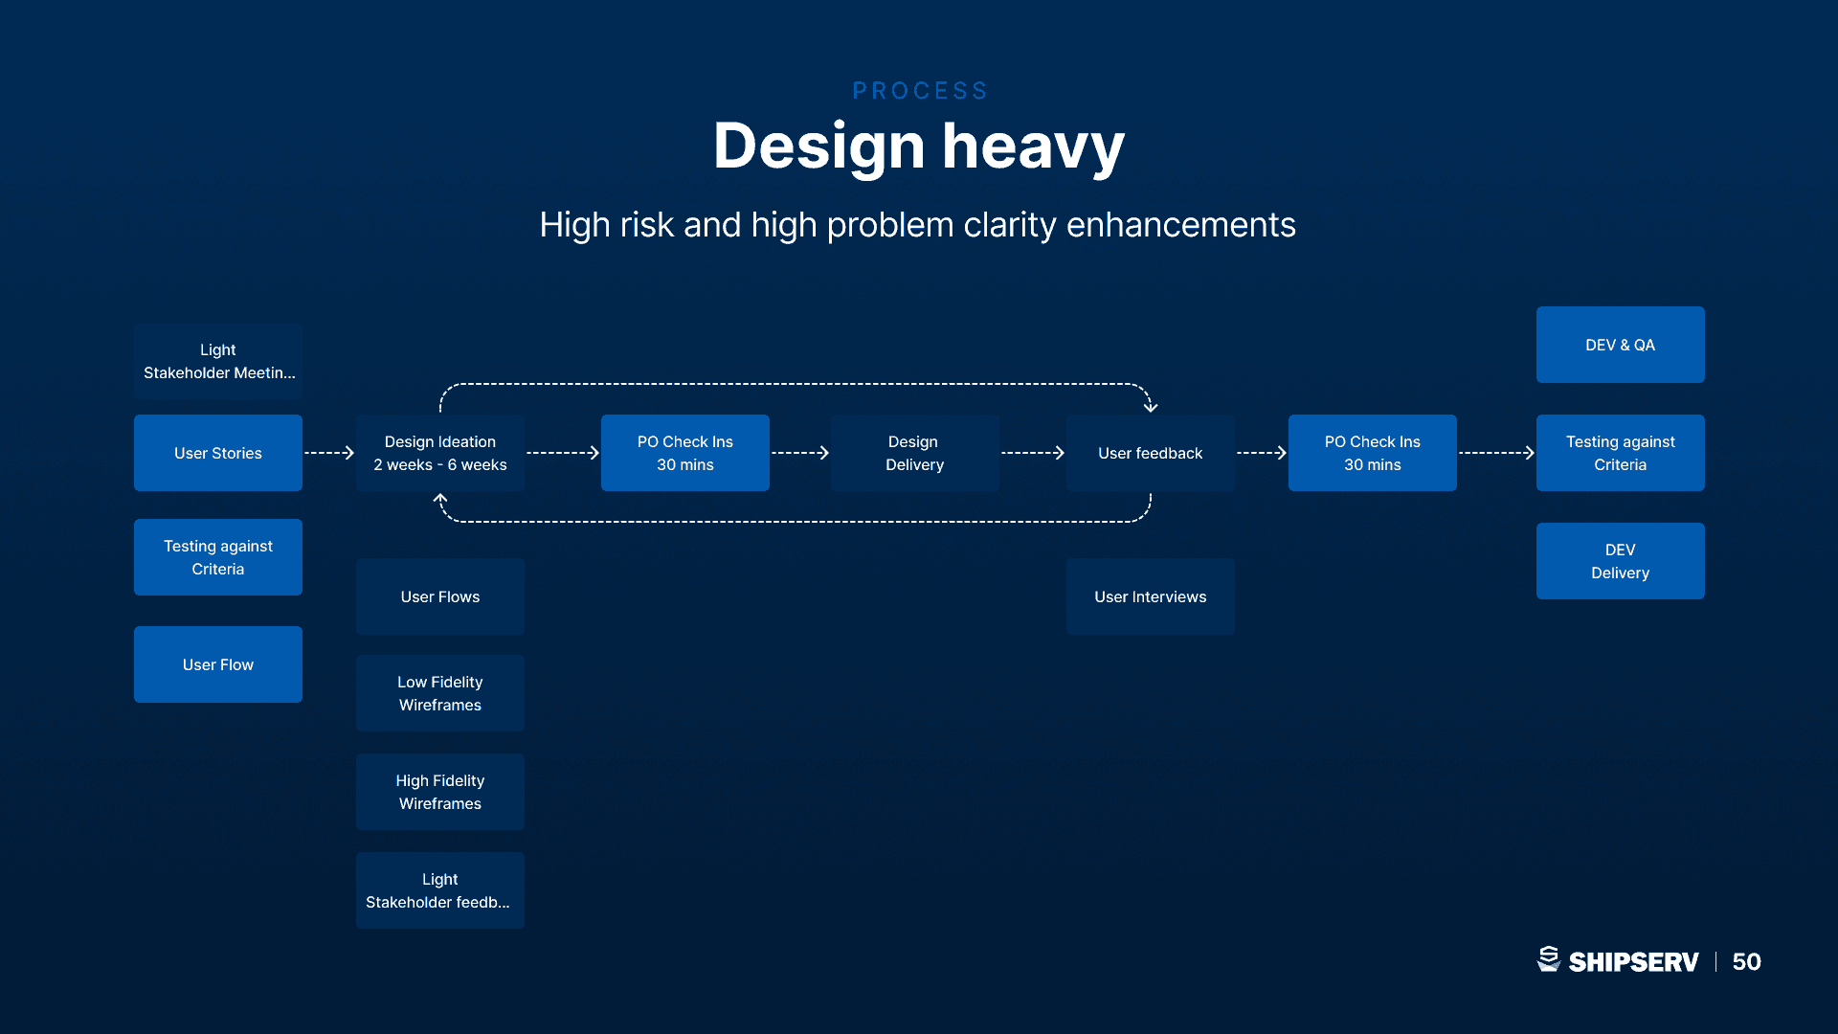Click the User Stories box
click(218, 453)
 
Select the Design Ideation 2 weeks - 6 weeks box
click(440, 453)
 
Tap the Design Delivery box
click(915, 453)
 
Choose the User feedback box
click(1151, 453)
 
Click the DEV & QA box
click(1621, 345)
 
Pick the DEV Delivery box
click(1621, 561)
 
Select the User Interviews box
click(1151, 596)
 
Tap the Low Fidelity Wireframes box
click(440, 693)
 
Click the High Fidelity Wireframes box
click(440, 792)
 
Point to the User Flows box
click(440, 596)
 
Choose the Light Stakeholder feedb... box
click(440, 890)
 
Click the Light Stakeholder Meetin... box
click(218, 361)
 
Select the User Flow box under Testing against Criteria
click(218, 664)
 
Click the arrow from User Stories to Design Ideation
click(329, 453)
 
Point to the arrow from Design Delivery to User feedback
click(1033, 453)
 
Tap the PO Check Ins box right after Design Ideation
click(685, 453)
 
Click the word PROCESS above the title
click(920, 91)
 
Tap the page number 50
click(1747, 961)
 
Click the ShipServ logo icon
click(1549, 959)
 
